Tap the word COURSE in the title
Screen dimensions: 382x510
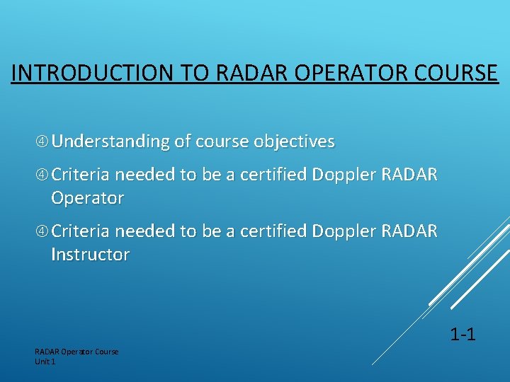453,74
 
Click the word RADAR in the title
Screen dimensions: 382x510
239,74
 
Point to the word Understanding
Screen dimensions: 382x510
110,142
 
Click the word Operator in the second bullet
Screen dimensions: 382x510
87,198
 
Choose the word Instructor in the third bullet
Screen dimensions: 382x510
90,255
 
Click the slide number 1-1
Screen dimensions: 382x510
463,333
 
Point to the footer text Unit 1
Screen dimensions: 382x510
45,361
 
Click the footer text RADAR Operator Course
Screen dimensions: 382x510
76,352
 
